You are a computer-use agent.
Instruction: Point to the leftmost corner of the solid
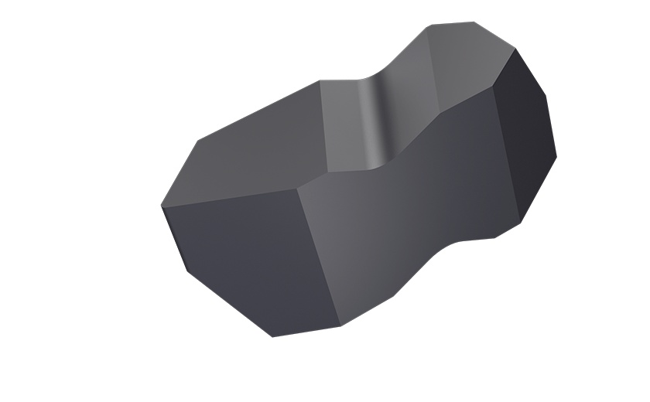(x=161, y=206)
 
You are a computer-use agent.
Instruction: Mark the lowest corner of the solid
(x=272, y=337)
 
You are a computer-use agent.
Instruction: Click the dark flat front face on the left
(x=248, y=263)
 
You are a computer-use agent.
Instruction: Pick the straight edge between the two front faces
(x=319, y=255)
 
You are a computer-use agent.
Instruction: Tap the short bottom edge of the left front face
(x=306, y=332)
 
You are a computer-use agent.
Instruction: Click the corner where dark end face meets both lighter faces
(x=496, y=86)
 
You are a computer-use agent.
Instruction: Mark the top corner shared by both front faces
(x=298, y=186)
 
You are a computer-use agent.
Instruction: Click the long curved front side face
(x=402, y=209)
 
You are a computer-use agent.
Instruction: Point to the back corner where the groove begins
(x=320, y=81)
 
